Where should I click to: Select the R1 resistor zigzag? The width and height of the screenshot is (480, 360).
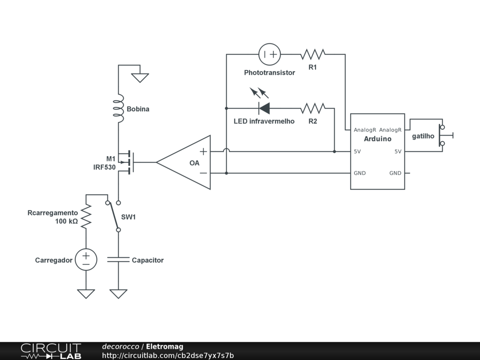coord(313,54)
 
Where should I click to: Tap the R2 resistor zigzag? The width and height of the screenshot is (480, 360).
coord(313,108)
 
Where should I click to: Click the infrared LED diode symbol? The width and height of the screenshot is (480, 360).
coord(264,108)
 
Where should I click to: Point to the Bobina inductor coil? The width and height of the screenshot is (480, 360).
coord(119,108)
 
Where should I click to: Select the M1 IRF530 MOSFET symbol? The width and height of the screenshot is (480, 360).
coord(127,162)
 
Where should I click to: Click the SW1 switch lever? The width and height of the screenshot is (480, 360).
coord(113,216)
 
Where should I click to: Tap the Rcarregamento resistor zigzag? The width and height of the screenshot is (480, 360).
coord(86,216)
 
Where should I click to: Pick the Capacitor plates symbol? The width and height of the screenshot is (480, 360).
coord(119,260)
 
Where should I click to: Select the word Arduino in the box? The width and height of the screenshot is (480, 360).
coord(377,139)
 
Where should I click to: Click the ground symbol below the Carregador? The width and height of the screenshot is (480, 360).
coord(86,293)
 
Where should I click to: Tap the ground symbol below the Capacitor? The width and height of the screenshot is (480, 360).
coord(119,293)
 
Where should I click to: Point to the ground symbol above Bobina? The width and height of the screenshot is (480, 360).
coord(140,78)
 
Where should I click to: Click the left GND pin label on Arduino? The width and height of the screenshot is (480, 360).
coord(360,173)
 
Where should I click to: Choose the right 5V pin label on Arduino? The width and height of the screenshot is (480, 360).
coord(397,151)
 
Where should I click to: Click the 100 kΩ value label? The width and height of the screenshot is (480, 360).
coord(67,221)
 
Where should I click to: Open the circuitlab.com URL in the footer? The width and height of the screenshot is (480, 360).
coord(168,355)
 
